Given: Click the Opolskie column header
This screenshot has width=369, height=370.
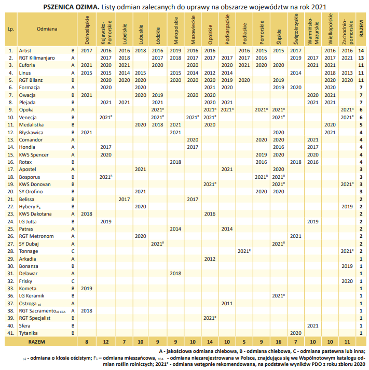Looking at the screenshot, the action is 210,34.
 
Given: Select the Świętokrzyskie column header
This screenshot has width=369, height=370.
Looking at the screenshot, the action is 296,29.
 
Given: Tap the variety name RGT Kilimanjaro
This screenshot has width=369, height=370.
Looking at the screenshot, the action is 37,58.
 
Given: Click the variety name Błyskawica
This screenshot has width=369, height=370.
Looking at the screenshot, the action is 31,132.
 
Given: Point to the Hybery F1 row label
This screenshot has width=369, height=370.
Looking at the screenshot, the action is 30,207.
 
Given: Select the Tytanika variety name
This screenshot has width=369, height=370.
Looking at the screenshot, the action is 28,333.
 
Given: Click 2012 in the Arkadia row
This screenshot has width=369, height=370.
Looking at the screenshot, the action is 210,259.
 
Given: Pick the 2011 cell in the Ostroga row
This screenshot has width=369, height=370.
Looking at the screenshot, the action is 227,304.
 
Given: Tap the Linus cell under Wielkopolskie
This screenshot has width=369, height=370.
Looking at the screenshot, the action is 330,73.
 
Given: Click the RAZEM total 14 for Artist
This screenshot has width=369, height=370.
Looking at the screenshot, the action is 361,50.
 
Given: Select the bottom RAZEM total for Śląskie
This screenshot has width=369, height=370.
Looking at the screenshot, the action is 279,341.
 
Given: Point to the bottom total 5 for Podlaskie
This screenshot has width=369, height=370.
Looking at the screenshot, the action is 244,341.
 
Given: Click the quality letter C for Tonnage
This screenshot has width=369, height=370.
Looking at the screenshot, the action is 73,251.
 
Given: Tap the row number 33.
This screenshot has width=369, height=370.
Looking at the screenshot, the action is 10,288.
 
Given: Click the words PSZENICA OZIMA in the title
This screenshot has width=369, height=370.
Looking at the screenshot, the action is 71,7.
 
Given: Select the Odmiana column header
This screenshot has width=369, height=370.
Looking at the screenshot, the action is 47,29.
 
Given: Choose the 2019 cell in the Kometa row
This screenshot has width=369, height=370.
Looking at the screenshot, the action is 87,288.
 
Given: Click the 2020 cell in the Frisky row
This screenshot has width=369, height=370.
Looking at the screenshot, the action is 347,281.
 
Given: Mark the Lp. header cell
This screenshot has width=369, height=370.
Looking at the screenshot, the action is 11,29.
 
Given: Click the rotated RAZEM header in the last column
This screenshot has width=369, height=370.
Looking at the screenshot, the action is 361,29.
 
